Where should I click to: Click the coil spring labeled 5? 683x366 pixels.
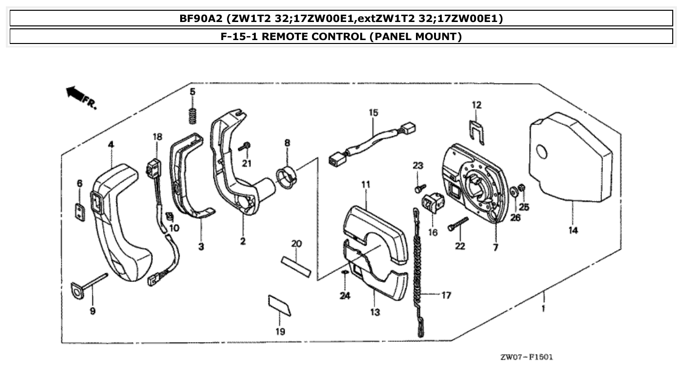pyautogui.click(x=193, y=115)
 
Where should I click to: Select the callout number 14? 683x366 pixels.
pyautogui.click(x=573, y=230)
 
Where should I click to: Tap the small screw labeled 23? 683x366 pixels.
pyautogui.click(x=419, y=187)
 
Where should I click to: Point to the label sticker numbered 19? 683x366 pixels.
pyautogui.click(x=280, y=305)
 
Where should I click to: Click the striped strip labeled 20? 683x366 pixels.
pyautogui.click(x=295, y=265)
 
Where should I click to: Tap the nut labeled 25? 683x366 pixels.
pyautogui.click(x=521, y=187)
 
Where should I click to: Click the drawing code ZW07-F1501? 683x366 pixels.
pyautogui.click(x=526, y=357)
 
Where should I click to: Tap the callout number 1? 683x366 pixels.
pyautogui.click(x=544, y=309)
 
